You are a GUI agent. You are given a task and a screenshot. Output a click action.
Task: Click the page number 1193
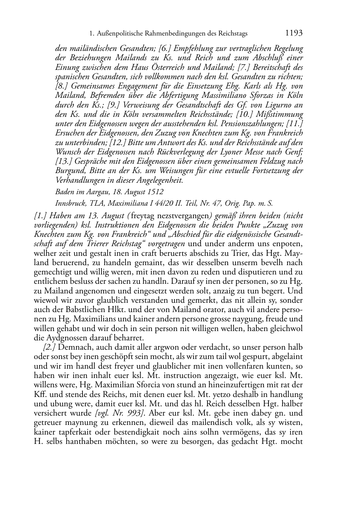(x=294, y=33)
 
